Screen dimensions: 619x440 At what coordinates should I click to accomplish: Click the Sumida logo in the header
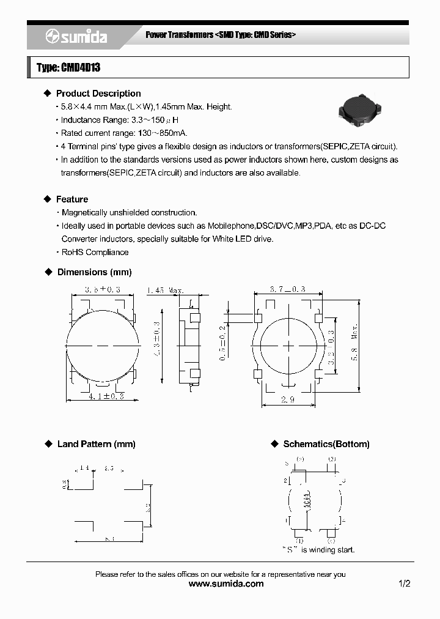(x=76, y=37)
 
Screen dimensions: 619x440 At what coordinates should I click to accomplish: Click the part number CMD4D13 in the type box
(x=79, y=68)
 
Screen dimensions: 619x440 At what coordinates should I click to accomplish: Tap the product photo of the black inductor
(x=360, y=113)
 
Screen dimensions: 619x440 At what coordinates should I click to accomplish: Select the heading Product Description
(x=98, y=94)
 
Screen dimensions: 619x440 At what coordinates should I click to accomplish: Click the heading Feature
(x=72, y=199)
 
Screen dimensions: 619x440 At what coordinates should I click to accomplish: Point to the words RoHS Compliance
(x=95, y=252)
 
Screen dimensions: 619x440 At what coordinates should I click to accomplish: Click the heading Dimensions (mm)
(x=94, y=272)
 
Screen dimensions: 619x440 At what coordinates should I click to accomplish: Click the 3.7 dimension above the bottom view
(x=287, y=289)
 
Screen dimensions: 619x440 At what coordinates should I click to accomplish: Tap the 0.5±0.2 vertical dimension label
(x=223, y=346)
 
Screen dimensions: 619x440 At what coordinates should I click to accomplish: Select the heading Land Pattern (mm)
(x=96, y=444)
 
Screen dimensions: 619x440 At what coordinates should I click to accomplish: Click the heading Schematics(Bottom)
(x=326, y=444)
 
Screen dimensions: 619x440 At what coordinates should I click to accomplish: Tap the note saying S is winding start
(x=318, y=550)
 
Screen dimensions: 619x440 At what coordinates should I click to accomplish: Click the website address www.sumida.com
(x=226, y=584)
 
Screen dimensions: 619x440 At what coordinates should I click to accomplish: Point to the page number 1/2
(x=405, y=584)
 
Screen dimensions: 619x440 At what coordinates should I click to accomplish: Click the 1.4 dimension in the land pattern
(x=84, y=468)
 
